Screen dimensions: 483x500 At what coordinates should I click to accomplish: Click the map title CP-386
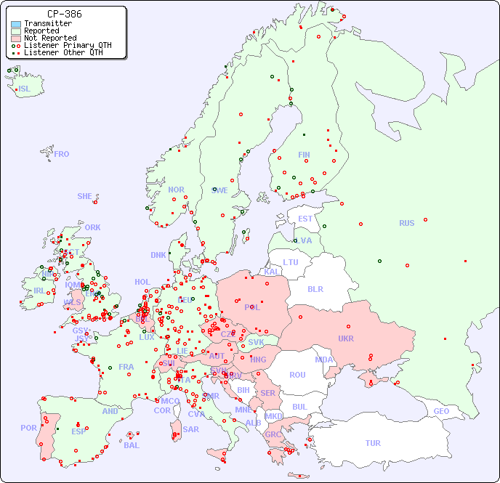point(64,14)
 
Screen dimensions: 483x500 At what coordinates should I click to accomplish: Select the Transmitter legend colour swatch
point(16,24)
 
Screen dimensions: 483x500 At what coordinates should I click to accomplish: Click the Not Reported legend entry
point(49,38)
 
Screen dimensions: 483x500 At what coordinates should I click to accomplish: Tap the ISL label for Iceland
point(25,89)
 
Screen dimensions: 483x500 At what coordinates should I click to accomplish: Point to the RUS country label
point(406,223)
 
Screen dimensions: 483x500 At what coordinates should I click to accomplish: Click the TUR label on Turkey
point(373,443)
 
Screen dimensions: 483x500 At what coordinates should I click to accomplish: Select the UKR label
point(345,338)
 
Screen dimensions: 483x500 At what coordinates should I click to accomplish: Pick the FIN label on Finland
point(304,155)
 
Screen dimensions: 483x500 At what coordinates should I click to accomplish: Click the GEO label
point(441,411)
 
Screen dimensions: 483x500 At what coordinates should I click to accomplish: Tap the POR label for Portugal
point(28,428)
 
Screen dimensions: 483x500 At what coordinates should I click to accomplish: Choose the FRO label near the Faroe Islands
point(62,154)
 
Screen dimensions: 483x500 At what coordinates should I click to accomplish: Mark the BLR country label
point(315,288)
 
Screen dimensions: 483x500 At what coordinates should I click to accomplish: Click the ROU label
point(297,375)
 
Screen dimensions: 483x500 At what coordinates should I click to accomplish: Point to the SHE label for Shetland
point(85,196)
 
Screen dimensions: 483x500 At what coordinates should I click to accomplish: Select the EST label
point(305,219)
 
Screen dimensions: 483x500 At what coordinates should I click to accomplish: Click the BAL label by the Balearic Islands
point(132,445)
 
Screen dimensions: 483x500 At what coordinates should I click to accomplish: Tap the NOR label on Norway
point(176,190)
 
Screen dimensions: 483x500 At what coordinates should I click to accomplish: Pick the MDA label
point(324,360)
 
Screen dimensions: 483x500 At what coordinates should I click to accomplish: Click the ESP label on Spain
point(78,431)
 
